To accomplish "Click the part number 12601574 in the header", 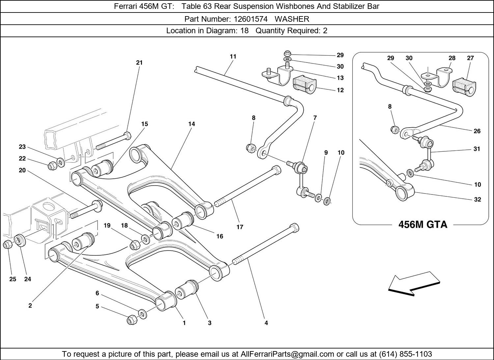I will (x=250, y=19).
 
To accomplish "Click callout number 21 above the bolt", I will (x=139, y=63).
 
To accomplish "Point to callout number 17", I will (x=240, y=227).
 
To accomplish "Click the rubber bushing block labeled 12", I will (x=304, y=84).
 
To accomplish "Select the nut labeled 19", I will (x=135, y=245).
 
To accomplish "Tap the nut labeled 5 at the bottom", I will (x=131, y=320).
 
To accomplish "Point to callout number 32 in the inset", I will (x=478, y=199).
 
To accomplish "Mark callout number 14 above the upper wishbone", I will (x=192, y=124).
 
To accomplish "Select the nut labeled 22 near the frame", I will (x=52, y=166).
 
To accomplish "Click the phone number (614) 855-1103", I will (x=405, y=354).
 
